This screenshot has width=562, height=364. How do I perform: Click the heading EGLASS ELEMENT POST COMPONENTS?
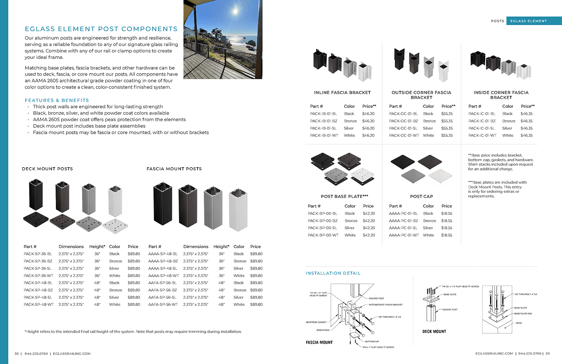click(x=101, y=29)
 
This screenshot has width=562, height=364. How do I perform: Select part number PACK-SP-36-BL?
click(x=38, y=254)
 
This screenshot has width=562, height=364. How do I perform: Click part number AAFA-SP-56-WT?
click(x=163, y=304)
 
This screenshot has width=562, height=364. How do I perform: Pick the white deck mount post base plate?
click(x=115, y=226)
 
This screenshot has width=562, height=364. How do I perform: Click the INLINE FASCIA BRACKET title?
click(x=342, y=93)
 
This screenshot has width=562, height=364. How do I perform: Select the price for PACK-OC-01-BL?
click(x=447, y=114)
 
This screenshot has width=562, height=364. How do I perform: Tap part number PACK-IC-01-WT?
click(x=482, y=135)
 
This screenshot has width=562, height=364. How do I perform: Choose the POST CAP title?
click(x=421, y=196)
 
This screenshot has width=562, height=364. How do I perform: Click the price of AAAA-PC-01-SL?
click(x=447, y=228)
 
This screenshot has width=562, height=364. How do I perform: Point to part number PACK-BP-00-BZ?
click(x=323, y=221)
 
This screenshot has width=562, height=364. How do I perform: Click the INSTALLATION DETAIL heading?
click(x=333, y=273)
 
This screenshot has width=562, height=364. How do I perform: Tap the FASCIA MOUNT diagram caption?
click(x=319, y=342)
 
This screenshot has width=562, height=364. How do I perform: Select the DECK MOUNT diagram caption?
click(x=434, y=331)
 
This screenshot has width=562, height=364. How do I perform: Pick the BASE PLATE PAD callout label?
click(x=523, y=313)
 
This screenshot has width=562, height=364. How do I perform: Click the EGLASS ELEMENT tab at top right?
click(x=528, y=21)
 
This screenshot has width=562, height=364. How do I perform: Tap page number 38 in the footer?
click(x=16, y=354)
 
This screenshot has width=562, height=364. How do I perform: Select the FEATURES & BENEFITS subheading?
click(x=57, y=100)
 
